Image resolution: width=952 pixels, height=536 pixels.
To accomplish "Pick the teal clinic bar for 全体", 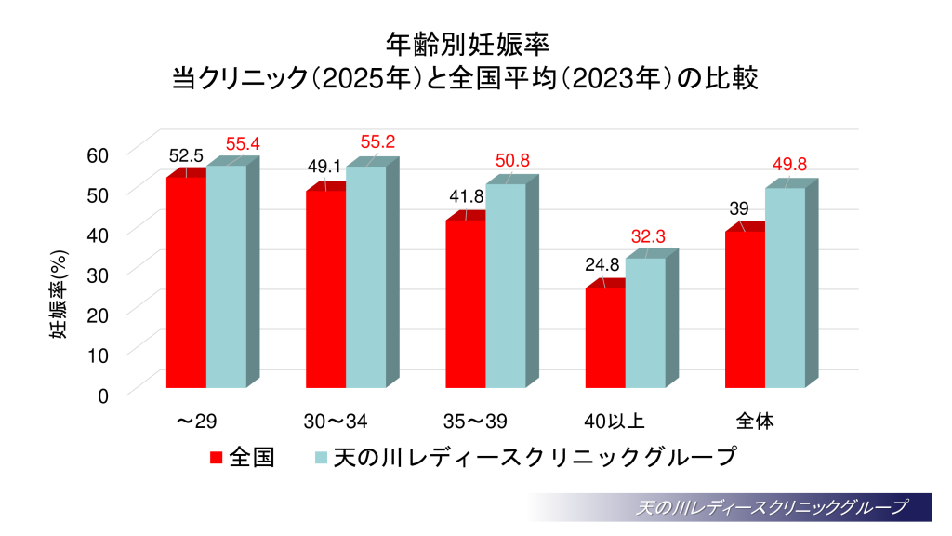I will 785,288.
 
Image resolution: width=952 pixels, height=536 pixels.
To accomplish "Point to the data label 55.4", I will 242,144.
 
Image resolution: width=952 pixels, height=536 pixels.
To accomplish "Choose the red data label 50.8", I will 512,161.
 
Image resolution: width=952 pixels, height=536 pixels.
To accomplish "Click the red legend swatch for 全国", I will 217,458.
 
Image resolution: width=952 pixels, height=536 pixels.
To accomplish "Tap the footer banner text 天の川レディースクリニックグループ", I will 771,508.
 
